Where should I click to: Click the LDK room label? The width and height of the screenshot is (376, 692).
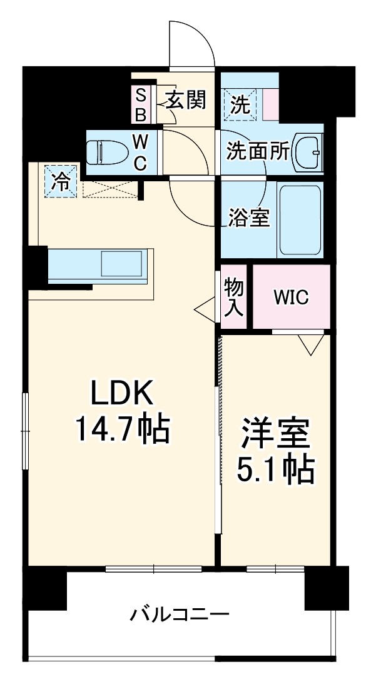pos(122,394)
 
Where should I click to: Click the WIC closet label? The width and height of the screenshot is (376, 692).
pos(291,298)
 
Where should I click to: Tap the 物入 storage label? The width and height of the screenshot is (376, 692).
pos(235,298)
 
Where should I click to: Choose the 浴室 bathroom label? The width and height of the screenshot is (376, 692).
pos(248,218)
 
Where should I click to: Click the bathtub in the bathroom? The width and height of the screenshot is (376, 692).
pos(299,219)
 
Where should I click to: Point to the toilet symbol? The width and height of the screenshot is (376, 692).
pos(103,151)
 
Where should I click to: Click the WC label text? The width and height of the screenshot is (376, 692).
pos(140,153)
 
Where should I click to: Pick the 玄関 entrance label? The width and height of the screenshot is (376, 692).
pos(186,100)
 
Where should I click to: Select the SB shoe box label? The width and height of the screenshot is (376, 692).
pos(141,105)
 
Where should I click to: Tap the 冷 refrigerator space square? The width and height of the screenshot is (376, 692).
pos(61,181)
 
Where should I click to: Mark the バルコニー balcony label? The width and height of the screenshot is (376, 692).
pos(180,614)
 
